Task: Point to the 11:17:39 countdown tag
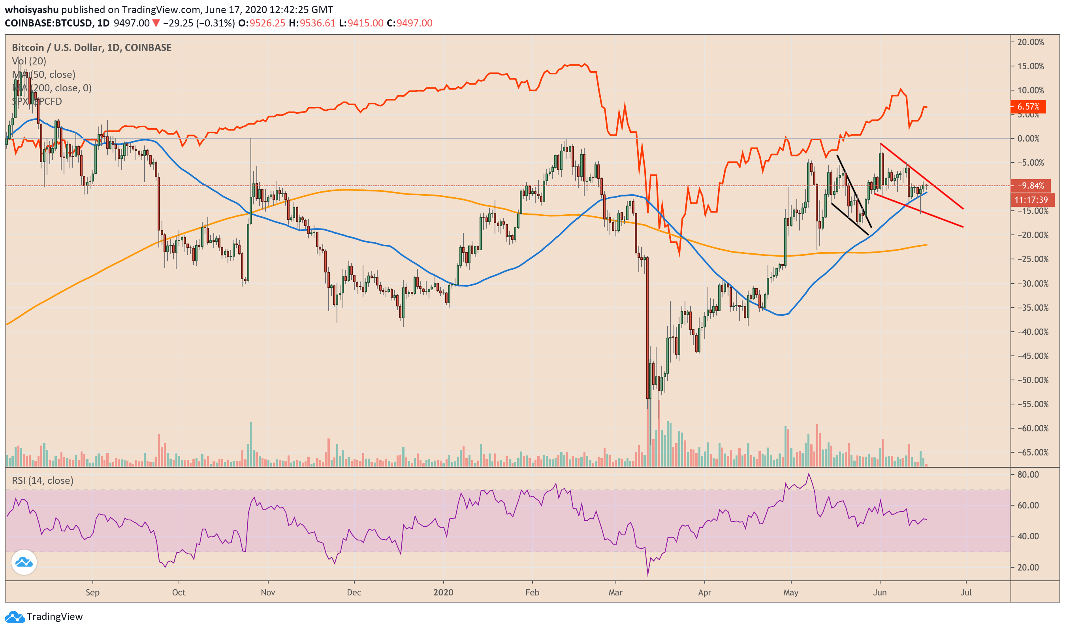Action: [1031, 199]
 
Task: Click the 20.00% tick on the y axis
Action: [1030, 42]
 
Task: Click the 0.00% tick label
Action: [1030, 139]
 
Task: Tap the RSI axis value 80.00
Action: [1027, 474]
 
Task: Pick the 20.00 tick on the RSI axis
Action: [1027, 567]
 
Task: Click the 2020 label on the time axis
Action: [443, 592]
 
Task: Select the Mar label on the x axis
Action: [615, 592]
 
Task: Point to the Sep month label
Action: [92, 592]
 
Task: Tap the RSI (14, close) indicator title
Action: [43, 480]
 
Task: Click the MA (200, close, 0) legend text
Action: [52, 88]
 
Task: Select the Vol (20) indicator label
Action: [29, 61]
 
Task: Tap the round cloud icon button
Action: [24, 562]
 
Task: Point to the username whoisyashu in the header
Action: [32, 9]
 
